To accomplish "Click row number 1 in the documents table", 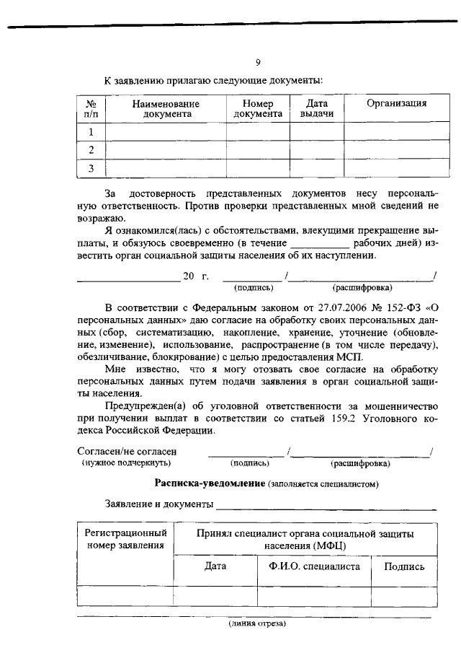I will [91, 132].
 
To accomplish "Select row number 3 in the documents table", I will [91, 169].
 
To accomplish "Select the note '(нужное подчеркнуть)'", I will [117, 463].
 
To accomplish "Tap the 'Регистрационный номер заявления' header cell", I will [125, 538].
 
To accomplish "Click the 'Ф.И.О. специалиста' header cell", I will [314, 567].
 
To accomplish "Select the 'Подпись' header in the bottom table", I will [404, 567].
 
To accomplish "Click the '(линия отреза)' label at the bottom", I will [257, 623].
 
